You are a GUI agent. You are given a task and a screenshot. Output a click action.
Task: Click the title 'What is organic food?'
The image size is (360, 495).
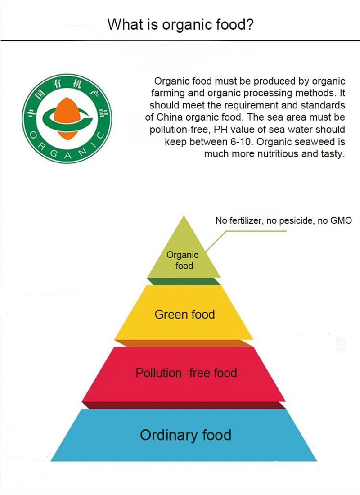click(x=180, y=25)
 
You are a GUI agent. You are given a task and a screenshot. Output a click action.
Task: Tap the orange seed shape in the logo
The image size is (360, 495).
click(x=67, y=118)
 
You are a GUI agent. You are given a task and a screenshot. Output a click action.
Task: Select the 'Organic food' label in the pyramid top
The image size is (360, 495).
click(x=183, y=260)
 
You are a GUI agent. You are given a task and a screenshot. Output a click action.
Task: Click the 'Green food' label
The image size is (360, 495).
click(x=185, y=315)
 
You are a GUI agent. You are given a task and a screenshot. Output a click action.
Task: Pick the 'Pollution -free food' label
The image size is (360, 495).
click(x=186, y=373)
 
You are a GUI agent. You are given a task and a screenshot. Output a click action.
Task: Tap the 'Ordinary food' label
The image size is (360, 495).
click(x=186, y=435)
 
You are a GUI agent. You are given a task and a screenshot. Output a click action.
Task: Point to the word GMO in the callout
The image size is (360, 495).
click(x=341, y=220)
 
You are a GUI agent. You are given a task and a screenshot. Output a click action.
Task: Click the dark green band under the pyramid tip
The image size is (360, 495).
click(x=184, y=281)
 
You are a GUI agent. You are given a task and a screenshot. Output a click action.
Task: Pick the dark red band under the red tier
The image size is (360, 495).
click(x=184, y=405)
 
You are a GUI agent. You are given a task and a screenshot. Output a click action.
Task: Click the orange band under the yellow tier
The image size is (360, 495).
click(x=184, y=343)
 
